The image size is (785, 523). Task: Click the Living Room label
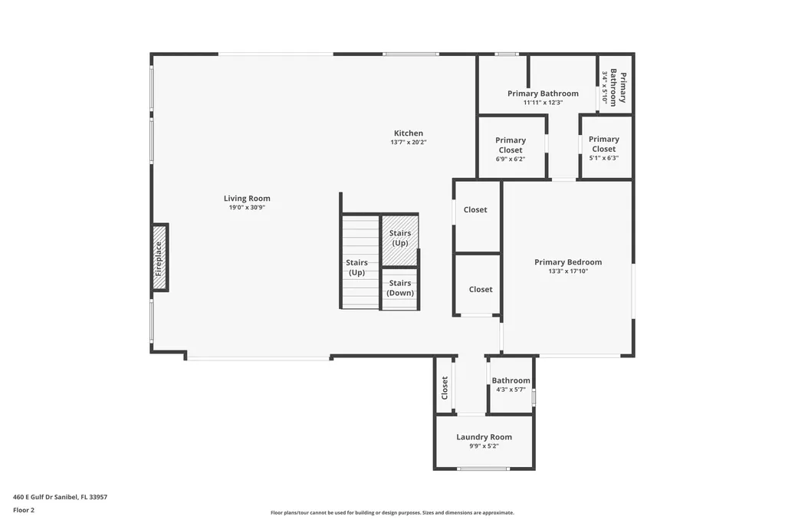[x=247, y=199]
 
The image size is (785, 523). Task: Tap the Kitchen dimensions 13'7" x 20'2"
[x=408, y=142]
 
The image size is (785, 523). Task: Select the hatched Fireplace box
[x=159, y=258]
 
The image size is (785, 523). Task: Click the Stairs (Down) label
[x=399, y=288]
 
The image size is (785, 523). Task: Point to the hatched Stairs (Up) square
[x=399, y=238]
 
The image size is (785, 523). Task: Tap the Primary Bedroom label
[x=567, y=262]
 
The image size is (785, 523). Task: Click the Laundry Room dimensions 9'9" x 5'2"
[x=484, y=446]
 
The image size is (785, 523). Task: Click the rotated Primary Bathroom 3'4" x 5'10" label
[x=614, y=88]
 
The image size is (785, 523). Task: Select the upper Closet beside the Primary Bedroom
[x=475, y=209]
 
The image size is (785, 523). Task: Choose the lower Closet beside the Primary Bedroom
[x=480, y=289]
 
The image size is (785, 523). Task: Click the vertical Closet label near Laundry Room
[x=445, y=387]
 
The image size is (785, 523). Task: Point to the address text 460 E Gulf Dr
[x=60, y=497]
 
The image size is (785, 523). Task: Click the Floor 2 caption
[x=24, y=509]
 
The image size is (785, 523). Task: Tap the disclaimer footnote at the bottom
[x=392, y=513]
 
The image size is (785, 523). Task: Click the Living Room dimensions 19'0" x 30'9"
[x=247, y=207]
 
